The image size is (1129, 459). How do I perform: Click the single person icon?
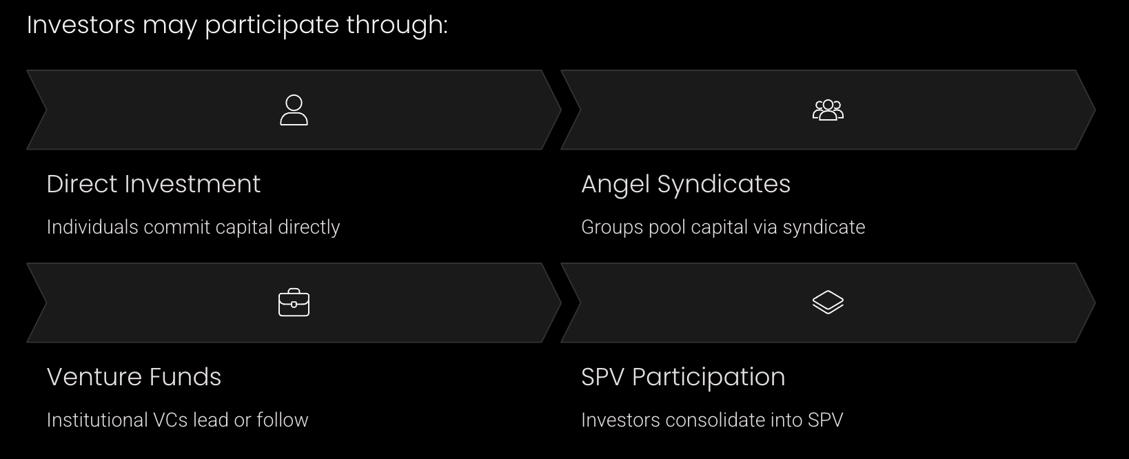(x=294, y=110)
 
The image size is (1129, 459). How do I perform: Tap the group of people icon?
(x=828, y=110)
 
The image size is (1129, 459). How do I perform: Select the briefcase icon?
(x=294, y=303)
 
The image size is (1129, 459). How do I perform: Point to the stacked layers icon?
(x=828, y=303)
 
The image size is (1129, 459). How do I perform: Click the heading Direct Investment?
(x=154, y=184)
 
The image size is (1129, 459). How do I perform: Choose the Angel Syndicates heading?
(x=685, y=184)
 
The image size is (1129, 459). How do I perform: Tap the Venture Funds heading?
(x=134, y=377)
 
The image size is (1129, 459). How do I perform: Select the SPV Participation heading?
(x=682, y=377)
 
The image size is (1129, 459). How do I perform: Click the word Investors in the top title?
(x=81, y=25)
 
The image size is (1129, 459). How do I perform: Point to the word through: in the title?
(x=397, y=25)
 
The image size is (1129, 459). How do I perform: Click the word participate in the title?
(x=272, y=25)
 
